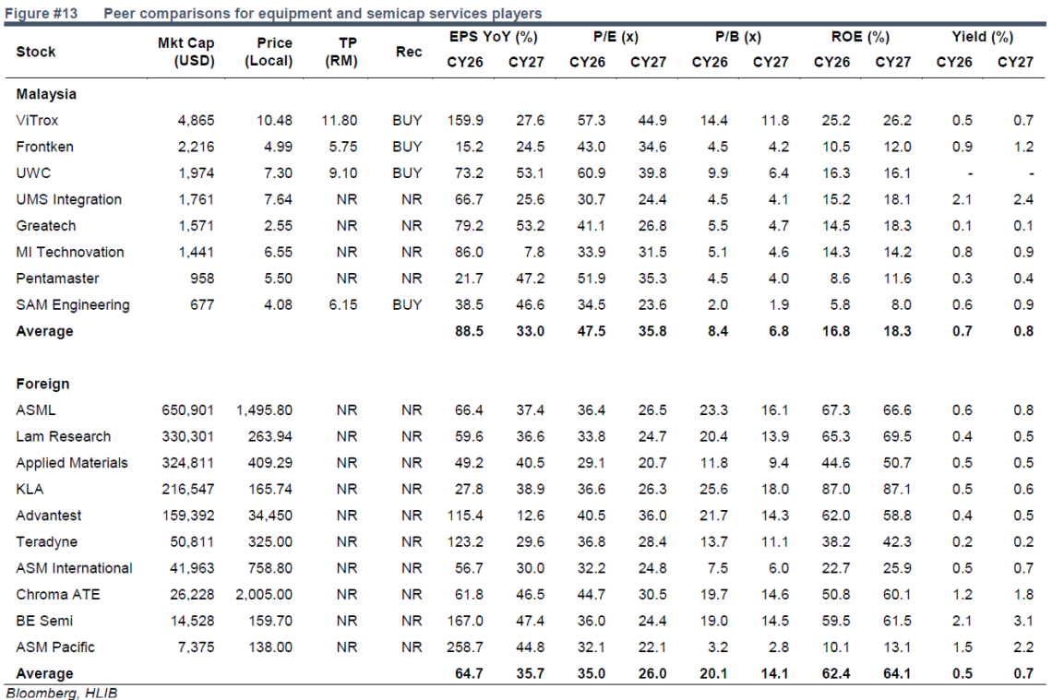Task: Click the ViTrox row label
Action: pyautogui.click(x=37, y=121)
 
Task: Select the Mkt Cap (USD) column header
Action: pyautogui.click(x=185, y=52)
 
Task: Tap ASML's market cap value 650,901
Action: pyautogui.click(x=188, y=410)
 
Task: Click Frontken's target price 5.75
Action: pyautogui.click(x=343, y=147)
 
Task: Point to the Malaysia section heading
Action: pyautogui.click(x=46, y=94)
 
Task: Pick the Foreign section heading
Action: pyautogui.click(x=43, y=384)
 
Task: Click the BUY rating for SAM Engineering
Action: pyautogui.click(x=407, y=305)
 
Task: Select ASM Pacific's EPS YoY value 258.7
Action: pyautogui.click(x=465, y=647)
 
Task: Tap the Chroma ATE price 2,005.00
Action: pyautogui.click(x=264, y=595)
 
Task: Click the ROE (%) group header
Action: pyautogui.click(x=860, y=37)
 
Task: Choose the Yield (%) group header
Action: pyautogui.click(x=982, y=37)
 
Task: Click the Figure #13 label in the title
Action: pyautogui.click(x=42, y=13)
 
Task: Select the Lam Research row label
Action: pyautogui.click(x=63, y=436)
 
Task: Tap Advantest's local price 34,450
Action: pyautogui.click(x=270, y=516)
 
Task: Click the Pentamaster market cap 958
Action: pyautogui.click(x=202, y=279)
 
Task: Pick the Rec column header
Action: pyautogui.click(x=409, y=52)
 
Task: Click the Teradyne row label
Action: pyautogui.click(x=47, y=541)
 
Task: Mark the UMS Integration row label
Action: pyautogui.click(x=69, y=200)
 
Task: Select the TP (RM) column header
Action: pyautogui.click(x=341, y=52)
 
